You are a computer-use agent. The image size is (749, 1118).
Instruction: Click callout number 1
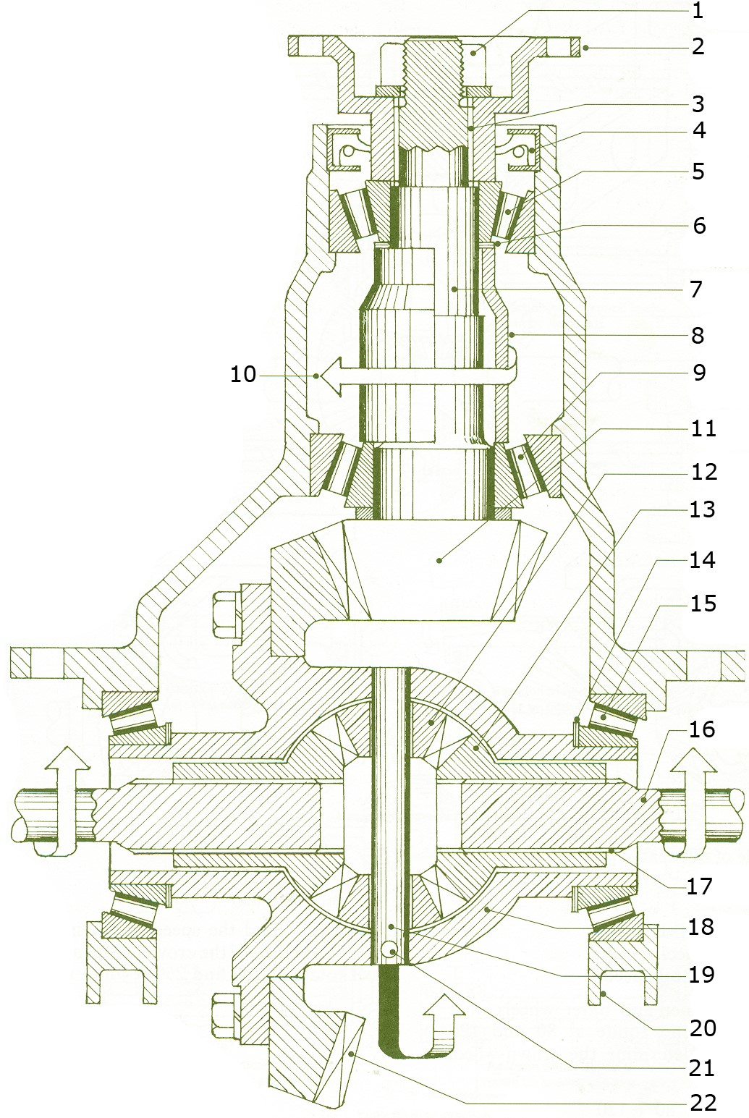(698, 11)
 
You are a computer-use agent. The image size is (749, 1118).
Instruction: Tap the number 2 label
(698, 46)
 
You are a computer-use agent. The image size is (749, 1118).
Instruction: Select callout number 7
(696, 289)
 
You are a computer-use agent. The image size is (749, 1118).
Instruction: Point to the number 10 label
(243, 374)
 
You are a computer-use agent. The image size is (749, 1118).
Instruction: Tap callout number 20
(703, 1028)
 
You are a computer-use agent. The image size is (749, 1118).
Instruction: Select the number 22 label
(703, 1103)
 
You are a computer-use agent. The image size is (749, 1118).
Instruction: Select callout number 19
(701, 975)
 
